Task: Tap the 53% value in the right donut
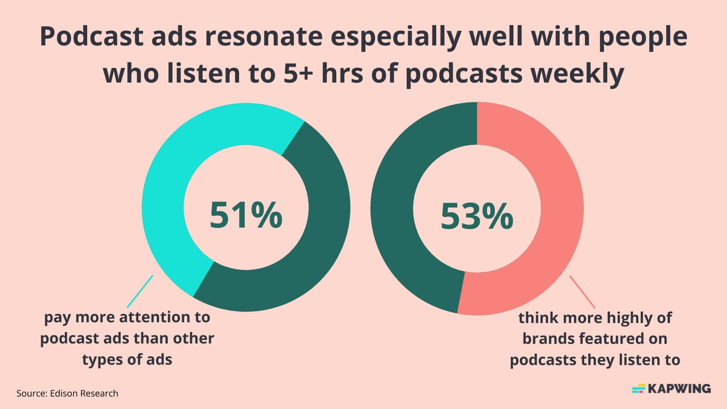pos(477,216)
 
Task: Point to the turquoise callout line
pos(140,291)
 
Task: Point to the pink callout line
pos(582,291)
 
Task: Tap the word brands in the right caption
pos(549,339)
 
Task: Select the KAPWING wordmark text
pos(679,389)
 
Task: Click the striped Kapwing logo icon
pos(638,389)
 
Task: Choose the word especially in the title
pos(395,36)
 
